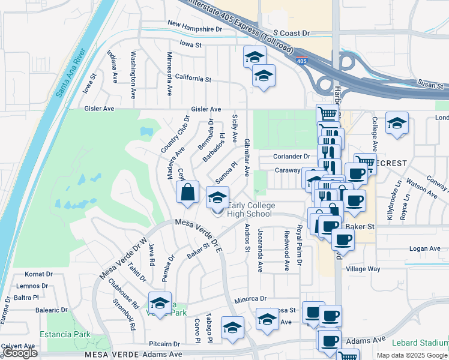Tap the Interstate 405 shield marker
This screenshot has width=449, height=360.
(302, 61)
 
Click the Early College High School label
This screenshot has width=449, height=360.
(250, 209)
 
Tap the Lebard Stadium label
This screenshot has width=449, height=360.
(420, 343)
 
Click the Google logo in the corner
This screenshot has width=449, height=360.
(20, 353)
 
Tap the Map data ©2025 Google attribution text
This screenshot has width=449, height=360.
(412, 355)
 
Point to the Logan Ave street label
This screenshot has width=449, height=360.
(424, 248)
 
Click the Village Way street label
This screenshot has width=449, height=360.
(363, 269)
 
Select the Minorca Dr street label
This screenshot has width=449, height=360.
(250, 298)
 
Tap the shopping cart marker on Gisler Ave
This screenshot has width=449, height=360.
(327, 113)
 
